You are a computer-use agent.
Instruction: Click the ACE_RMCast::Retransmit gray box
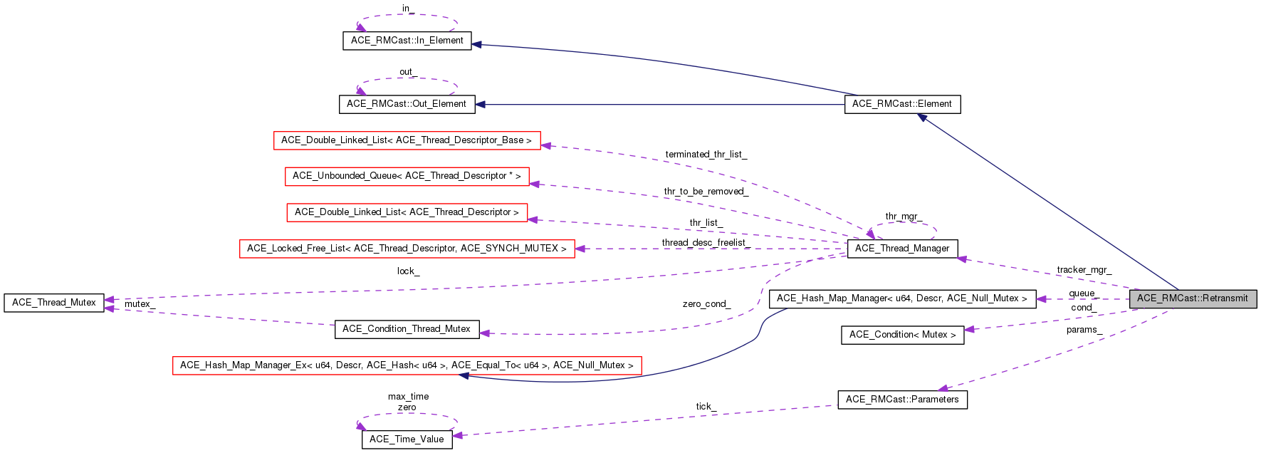coord(1193,298)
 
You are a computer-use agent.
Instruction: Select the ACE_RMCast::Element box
coord(901,104)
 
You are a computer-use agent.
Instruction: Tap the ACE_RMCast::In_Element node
coord(407,41)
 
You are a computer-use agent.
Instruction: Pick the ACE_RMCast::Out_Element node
coord(406,104)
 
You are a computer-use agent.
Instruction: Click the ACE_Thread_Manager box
coord(902,249)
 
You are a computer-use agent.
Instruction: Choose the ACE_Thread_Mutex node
coord(54,303)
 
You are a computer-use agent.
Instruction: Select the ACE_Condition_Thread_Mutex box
coord(406,329)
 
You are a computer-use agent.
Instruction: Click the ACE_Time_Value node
coord(407,439)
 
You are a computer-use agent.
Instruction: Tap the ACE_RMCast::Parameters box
coord(902,400)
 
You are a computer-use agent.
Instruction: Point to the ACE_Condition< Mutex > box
coord(902,335)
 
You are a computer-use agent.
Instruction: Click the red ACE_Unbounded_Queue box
coord(407,176)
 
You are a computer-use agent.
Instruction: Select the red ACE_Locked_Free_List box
coord(407,249)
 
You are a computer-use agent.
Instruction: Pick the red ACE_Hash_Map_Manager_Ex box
coord(407,365)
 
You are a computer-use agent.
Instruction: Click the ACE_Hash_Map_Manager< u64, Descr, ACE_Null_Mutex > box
coord(901,298)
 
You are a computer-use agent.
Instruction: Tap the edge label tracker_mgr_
coord(1084,270)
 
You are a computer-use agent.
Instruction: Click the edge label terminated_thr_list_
coord(706,155)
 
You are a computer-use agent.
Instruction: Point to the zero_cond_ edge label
coord(706,304)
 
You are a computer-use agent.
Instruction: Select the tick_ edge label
coord(706,407)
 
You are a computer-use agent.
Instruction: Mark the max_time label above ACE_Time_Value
coord(408,397)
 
